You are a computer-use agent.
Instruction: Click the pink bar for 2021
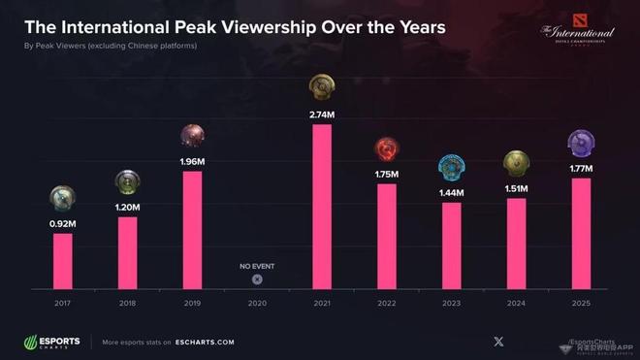(321, 207)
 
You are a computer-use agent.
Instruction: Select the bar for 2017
(63, 261)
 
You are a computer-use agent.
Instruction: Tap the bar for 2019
(192, 230)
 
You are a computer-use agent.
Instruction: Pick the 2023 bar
(451, 245)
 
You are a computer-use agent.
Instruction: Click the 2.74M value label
(321, 115)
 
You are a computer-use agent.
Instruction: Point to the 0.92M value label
(63, 223)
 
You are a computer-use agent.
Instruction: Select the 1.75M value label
(386, 174)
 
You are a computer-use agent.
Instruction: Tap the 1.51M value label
(516, 188)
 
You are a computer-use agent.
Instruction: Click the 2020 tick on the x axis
(257, 303)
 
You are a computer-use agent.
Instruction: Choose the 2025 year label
(580, 303)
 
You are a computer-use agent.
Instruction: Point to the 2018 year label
(127, 303)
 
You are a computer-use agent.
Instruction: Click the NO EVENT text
(257, 265)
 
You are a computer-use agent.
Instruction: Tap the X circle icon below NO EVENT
(257, 279)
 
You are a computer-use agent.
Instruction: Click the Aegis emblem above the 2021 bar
(321, 90)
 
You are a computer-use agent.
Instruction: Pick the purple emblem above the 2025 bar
(581, 145)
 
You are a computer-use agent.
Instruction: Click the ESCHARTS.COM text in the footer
(206, 343)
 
